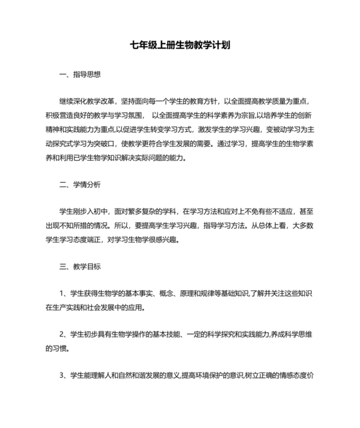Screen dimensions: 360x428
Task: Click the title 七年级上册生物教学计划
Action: click(x=179, y=46)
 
